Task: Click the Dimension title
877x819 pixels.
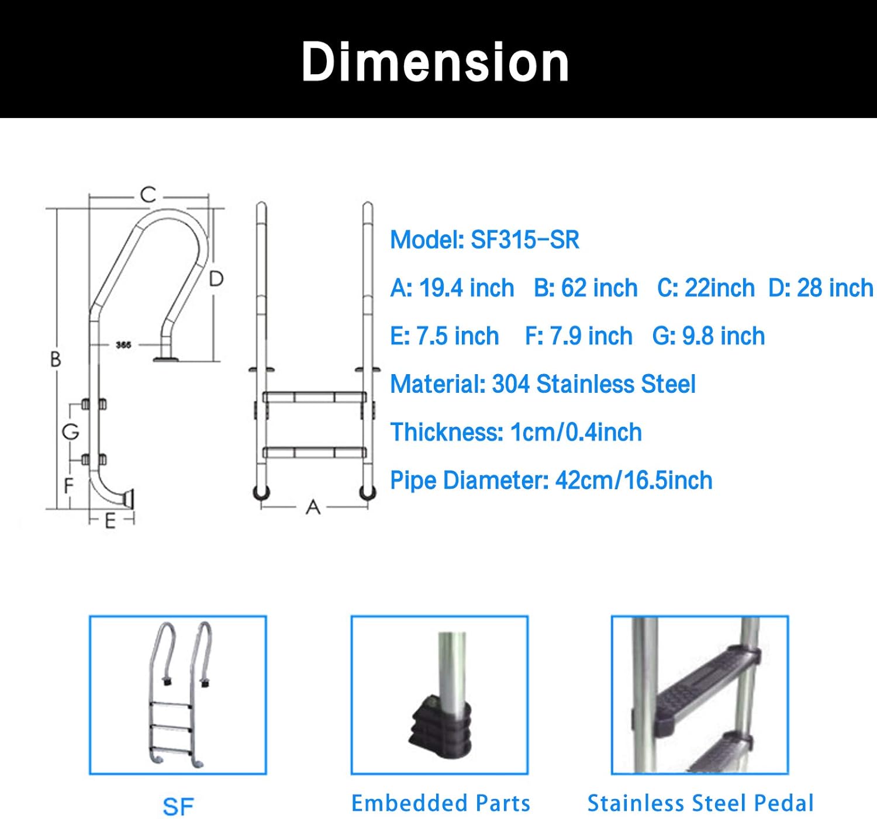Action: click(x=435, y=62)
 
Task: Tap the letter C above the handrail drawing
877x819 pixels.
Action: click(x=149, y=194)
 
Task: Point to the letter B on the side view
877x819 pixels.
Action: click(x=56, y=359)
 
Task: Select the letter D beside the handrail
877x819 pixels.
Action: click(x=216, y=279)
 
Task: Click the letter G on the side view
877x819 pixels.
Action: click(x=71, y=432)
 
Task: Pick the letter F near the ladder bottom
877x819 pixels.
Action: click(x=69, y=485)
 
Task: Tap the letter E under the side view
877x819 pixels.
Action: click(x=110, y=521)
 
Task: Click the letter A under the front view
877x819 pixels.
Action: click(x=313, y=507)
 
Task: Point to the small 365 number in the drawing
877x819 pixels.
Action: click(x=123, y=345)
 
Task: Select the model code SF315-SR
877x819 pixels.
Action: click(x=525, y=240)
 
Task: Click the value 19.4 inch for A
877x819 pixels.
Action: click(x=467, y=288)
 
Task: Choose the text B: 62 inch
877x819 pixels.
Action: click(x=585, y=288)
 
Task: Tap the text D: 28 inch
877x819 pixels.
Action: click(x=820, y=288)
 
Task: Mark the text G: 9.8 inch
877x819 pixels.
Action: click(x=708, y=336)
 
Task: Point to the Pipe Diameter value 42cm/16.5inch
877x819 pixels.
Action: click(x=634, y=481)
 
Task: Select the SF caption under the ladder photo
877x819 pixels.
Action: click(x=178, y=807)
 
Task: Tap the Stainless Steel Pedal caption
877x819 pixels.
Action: click(x=700, y=803)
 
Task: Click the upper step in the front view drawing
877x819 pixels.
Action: click(x=315, y=398)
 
